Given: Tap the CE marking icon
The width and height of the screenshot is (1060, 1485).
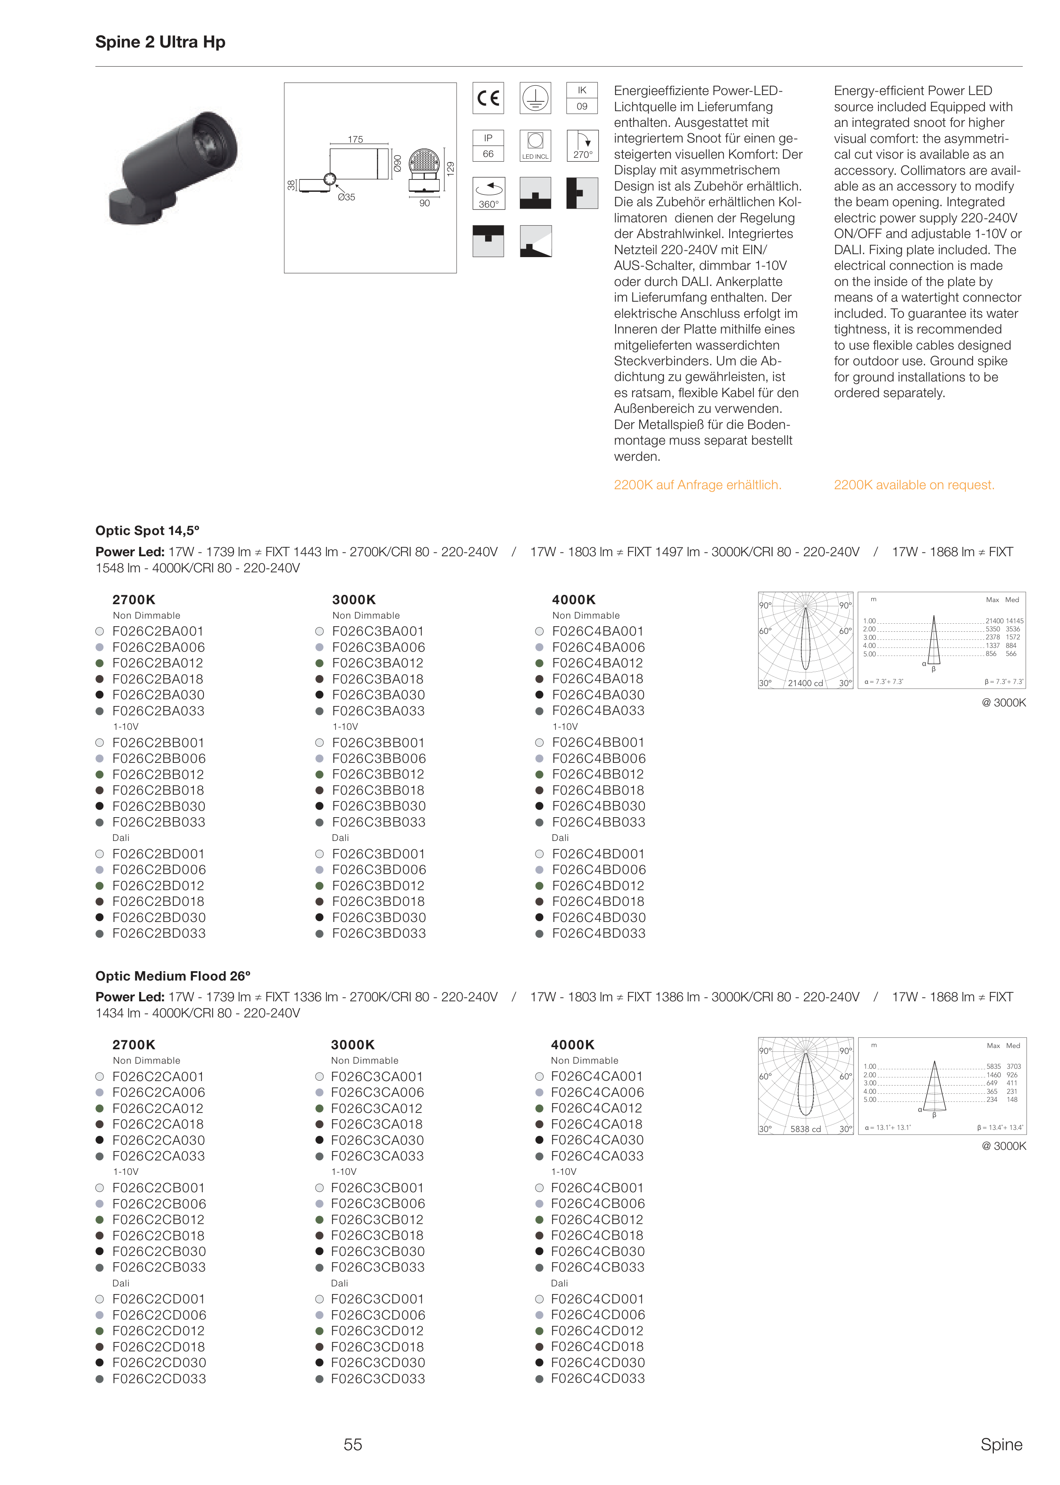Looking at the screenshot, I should pos(488,98).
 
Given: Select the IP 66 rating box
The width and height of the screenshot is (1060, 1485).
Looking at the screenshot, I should pos(488,146).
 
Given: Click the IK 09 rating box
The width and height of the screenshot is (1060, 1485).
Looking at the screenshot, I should pos(582,98).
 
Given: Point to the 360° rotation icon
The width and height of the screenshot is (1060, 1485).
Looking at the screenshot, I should pos(488,193).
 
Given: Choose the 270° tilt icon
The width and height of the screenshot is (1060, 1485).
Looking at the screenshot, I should pos(582,146).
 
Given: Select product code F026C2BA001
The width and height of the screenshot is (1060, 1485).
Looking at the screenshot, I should pos(158,631).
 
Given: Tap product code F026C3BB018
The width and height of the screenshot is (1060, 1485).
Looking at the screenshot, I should pos(378,790).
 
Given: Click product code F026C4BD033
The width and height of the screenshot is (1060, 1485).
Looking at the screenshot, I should pos(599,933).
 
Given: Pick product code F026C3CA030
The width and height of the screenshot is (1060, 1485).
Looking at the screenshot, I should pos(377,1140).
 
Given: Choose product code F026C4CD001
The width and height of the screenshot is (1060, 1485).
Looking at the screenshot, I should pos(597,1299).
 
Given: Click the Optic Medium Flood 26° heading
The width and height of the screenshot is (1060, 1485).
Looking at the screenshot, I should pos(173,975).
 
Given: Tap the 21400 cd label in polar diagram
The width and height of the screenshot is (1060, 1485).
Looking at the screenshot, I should pos(806,683).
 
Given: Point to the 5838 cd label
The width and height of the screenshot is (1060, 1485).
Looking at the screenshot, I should pos(806,1129).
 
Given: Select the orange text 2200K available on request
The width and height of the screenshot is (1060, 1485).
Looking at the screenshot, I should pos(914,485).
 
